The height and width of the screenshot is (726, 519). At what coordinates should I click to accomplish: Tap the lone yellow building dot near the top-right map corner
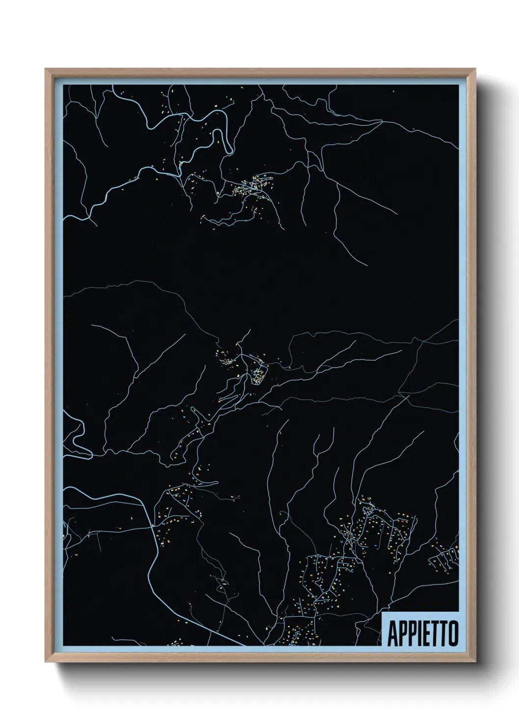tap(393, 91)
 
